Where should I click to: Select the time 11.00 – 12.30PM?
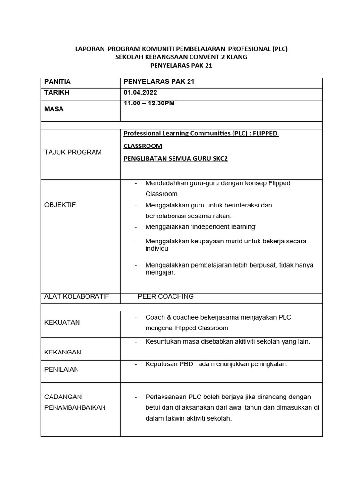tap(149, 103)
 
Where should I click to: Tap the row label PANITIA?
tap(57, 82)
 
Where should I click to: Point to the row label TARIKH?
tap(57, 92)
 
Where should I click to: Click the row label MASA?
tap(54, 109)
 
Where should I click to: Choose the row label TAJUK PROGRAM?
tap(73, 152)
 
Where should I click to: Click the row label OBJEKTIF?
tap(60, 205)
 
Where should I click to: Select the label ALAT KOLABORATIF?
tap(77, 296)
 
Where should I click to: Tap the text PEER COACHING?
tap(165, 296)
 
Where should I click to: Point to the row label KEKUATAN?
tap(62, 322)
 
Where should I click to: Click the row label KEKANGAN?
tap(62, 352)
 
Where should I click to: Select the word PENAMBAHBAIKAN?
tap(75, 407)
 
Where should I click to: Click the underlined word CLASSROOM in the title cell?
tap(143, 146)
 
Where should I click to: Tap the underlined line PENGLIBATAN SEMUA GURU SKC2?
tap(175, 159)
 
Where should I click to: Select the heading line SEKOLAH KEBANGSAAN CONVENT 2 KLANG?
tap(181, 57)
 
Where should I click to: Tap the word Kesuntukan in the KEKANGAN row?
tap(161, 341)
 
